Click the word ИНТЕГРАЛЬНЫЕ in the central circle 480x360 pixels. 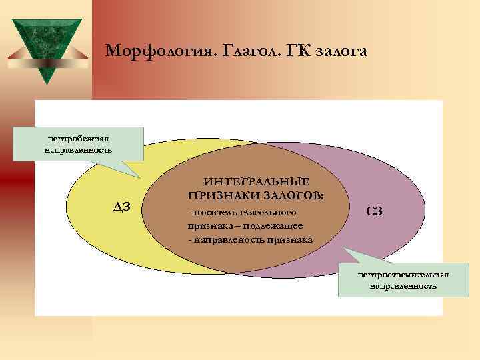(257, 182)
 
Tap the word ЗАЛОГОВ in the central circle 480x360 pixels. (293, 196)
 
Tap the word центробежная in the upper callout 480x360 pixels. (78, 138)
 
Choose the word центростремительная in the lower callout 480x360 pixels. (403, 274)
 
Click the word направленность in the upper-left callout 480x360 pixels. (78, 149)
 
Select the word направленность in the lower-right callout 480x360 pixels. (403, 286)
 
